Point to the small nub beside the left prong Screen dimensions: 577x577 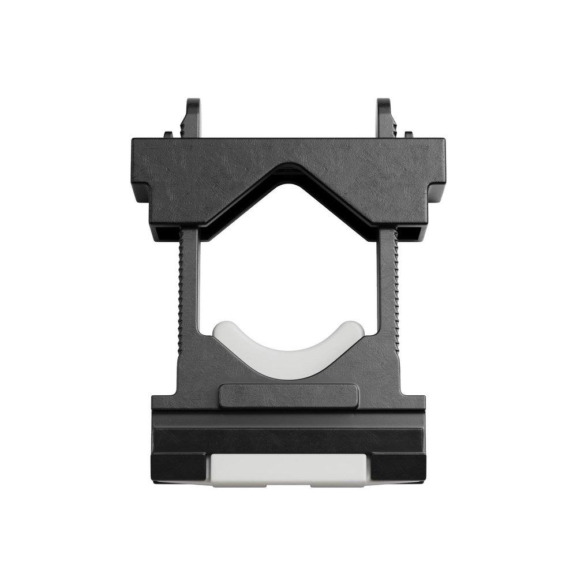167,134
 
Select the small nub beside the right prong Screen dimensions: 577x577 409,134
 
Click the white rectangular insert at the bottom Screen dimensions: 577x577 288,469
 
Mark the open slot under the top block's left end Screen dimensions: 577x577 167,233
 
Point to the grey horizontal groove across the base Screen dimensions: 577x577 288,420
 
